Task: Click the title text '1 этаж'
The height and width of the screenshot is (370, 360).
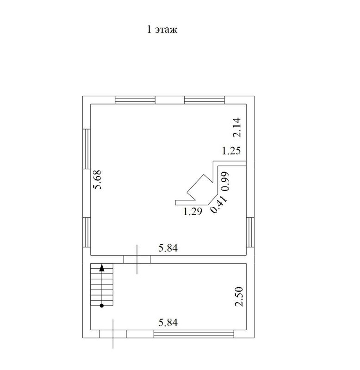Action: point(162,30)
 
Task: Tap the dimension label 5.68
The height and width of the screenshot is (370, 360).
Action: point(97,179)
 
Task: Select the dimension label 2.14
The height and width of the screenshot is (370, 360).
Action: point(237,128)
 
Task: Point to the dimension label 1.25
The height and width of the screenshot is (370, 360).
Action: point(231,151)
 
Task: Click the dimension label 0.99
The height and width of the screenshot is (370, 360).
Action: point(225,181)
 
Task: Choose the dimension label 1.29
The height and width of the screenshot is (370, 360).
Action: point(193,211)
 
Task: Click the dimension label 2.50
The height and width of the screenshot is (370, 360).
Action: point(238,296)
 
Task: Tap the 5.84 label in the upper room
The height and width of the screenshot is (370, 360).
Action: point(168,248)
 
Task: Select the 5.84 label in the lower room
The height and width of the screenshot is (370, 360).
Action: point(168,322)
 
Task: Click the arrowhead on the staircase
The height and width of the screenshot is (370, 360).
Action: point(102,267)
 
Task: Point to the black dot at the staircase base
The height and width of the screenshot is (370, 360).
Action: point(102,306)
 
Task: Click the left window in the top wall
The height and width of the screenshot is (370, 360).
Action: point(135,100)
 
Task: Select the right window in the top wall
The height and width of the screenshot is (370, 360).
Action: point(204,100)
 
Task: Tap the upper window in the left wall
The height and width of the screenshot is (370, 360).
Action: point(87,149)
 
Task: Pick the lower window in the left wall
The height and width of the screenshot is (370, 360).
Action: point(87,233)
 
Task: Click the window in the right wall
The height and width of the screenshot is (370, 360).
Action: point(250,233)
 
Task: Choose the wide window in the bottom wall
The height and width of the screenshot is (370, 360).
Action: point(194,334)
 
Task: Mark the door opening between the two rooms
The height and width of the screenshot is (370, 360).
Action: point(137,259)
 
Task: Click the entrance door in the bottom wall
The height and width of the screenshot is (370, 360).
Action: point(113,334)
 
